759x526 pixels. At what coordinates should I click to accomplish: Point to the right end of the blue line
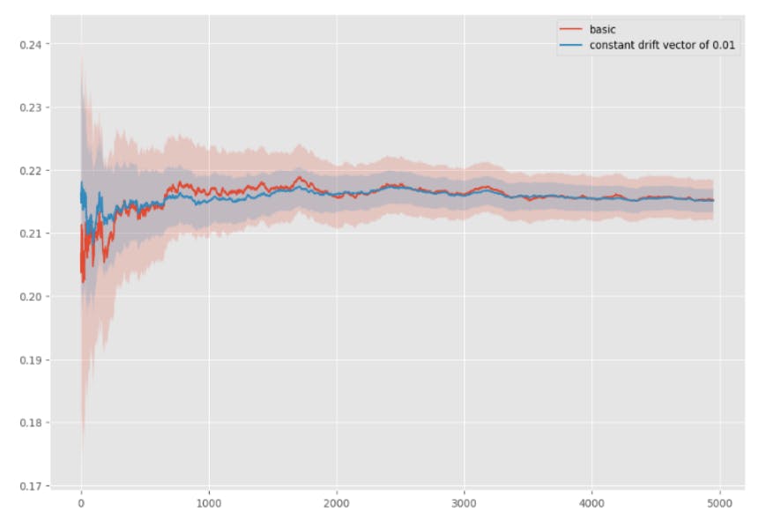[x=713, y=201]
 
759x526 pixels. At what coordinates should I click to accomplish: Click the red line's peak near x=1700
[x=299, y=178]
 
